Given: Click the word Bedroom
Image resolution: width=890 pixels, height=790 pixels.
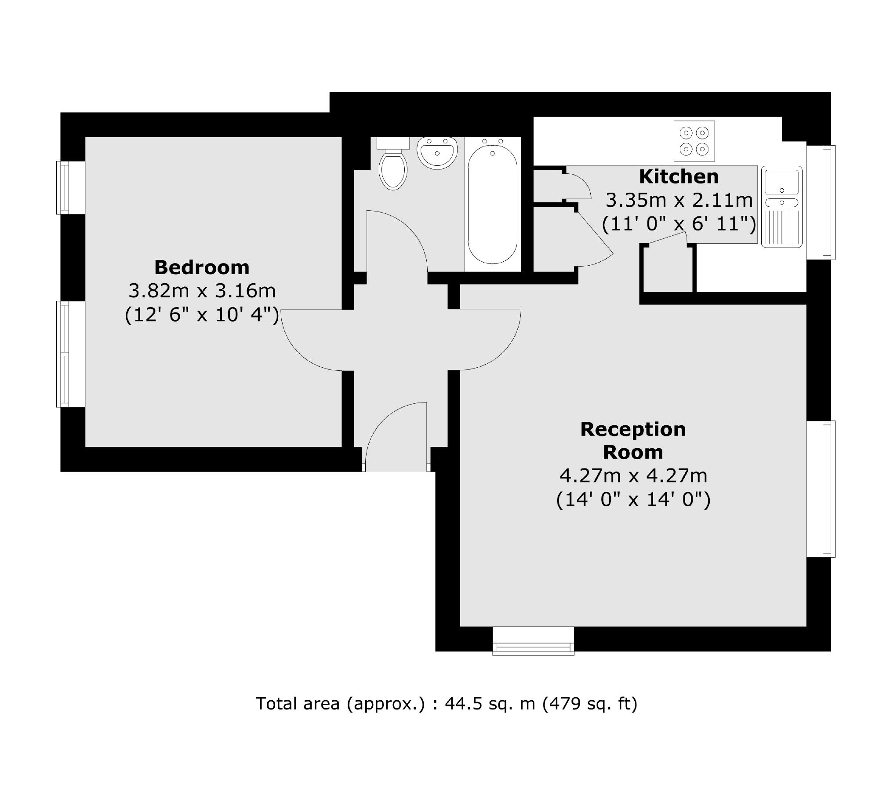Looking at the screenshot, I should coord(202,267).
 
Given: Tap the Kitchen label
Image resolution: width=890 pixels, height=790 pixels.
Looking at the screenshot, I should coord(679,177).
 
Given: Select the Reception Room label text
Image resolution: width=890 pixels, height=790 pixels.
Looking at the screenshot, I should coord(633,441).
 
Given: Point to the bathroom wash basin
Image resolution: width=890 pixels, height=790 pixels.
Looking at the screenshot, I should coord(437,152).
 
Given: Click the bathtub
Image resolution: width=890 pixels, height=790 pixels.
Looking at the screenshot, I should coord(492,204).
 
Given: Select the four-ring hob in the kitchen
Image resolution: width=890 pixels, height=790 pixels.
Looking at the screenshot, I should coord(694,141).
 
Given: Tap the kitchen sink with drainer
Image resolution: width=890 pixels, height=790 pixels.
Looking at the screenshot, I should coord(782,207).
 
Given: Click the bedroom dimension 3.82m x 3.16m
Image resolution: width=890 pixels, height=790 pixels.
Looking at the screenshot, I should coord(202,291).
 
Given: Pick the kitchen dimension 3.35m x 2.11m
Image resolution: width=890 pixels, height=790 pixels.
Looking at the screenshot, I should coord(679,201).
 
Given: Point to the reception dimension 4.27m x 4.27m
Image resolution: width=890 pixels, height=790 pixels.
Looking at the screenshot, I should coord(633,475).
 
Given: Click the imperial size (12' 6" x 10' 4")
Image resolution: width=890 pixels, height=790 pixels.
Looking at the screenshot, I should coord(202,315).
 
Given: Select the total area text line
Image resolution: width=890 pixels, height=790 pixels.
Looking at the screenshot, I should coord(446,704).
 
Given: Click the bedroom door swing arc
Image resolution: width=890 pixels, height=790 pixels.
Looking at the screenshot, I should coord(303,347).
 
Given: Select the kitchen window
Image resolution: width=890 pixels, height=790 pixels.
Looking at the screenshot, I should coord(821,202).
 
